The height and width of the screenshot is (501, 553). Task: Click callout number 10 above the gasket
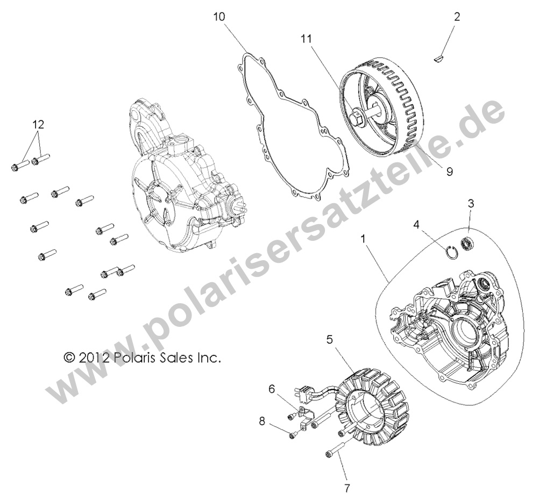[x=219, y=17]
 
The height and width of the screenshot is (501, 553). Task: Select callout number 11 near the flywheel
[x=307, y=39]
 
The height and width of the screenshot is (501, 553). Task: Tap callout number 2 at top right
[x=457, y=17]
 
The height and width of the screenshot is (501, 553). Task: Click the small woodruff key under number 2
[x=439, y=55]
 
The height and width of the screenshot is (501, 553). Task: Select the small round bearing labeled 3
[x=469, y=243]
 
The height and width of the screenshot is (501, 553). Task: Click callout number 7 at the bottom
[x=347, y=489]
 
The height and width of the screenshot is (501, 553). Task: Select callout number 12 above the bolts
[x=38, y=124]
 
